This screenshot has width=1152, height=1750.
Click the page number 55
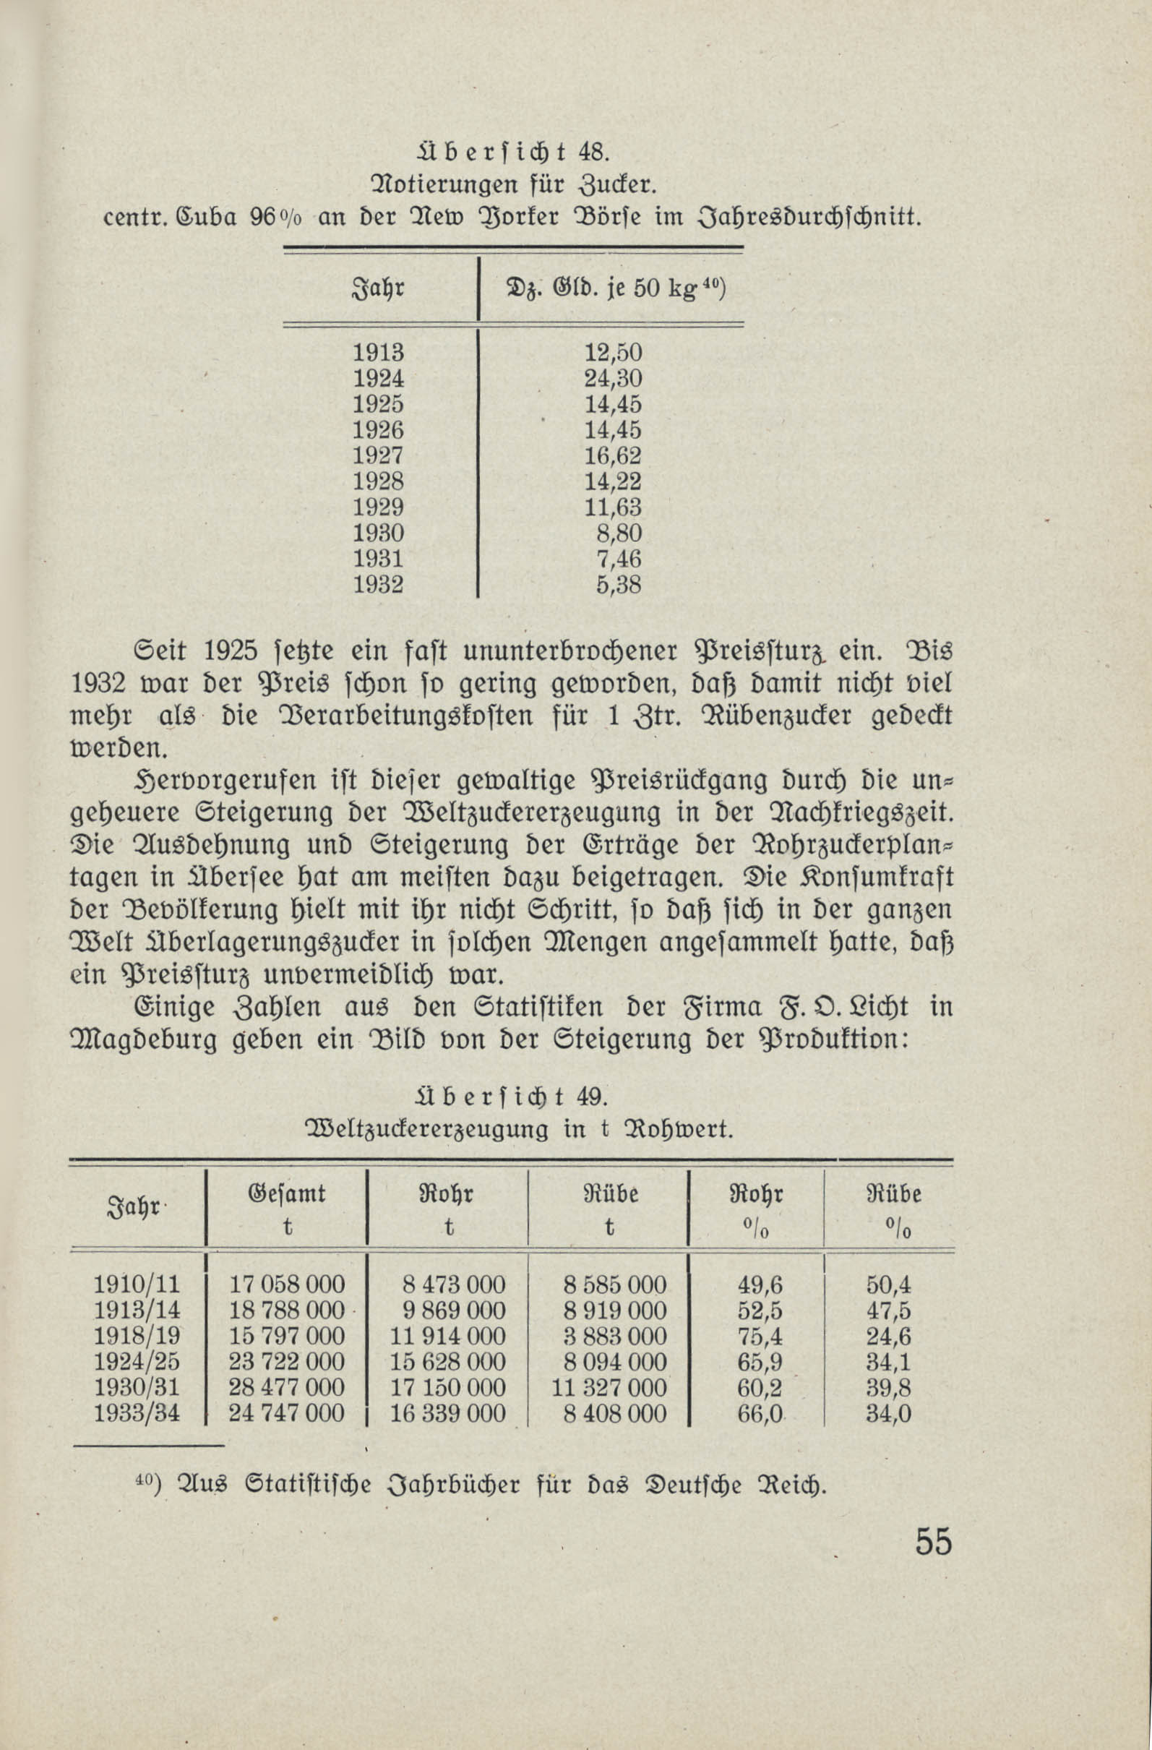click(x=933, y=1541)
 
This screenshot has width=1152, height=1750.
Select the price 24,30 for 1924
click(x=612, y=379)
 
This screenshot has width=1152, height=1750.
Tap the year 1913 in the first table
click(x=379, y=353)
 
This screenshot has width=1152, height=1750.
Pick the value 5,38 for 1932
click(x=619, y=585)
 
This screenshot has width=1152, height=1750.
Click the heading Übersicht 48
click(x=511, y=153)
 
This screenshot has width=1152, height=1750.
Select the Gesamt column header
click(x=288, y=1193)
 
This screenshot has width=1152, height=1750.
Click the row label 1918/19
click(x=137, y=1336)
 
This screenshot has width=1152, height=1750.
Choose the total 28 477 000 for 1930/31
click(x=287, y=1388)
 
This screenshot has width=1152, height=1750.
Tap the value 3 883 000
click(x=614, y=1336)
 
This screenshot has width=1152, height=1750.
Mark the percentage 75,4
click(x=760, y=1336)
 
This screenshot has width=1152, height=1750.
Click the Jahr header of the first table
click(x=379, y=289)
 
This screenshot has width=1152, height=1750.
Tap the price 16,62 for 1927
click(x=612, y=456)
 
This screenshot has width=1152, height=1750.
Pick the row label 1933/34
click(x=137, y=1413)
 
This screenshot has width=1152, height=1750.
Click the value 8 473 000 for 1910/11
click(x=454, y=1285)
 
